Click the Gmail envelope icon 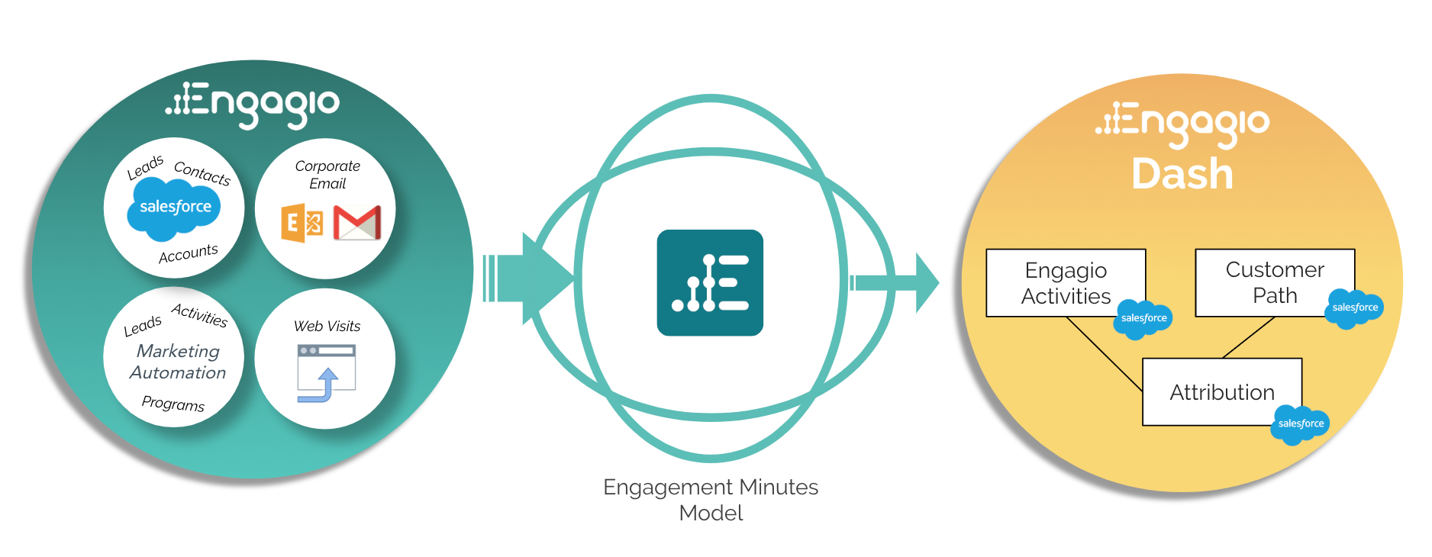357,223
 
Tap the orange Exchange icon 302,223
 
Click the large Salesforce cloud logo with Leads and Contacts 175,207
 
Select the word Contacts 202,173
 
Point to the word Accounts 189,253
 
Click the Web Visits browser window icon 327,372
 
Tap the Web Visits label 327,326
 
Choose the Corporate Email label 327,175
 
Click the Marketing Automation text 178,362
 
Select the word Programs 173,403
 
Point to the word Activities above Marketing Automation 200,314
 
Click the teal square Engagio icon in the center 710,282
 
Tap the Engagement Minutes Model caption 711,500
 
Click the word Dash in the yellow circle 1182,174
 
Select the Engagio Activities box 1066,283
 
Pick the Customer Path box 1275,282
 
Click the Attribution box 1221,392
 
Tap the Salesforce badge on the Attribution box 1300,424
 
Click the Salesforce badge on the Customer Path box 1355,308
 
